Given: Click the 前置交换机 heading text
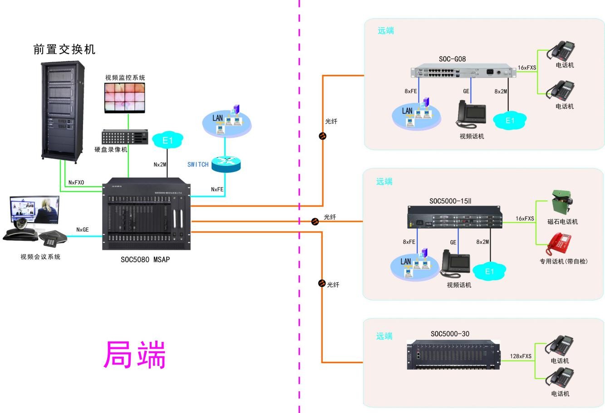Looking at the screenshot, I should (x=64, y=49).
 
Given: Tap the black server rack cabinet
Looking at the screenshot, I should (x=63, y=112).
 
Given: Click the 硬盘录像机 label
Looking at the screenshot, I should (x=111, y=150).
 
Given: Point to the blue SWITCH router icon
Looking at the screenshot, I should (x=226, y=164).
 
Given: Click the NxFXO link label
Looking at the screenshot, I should (x=76, y=182).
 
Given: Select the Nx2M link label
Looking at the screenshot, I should (x=160, y=164).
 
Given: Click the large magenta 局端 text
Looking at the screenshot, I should (x=135, y=355).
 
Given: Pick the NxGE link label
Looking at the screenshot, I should (x=83, y=230).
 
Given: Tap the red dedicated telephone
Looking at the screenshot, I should (x=560, y=245).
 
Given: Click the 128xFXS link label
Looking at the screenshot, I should (x=520, y=356).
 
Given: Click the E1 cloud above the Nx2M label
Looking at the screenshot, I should (x=168, y=141).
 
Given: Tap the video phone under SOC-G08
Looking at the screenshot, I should (x=471, y=114).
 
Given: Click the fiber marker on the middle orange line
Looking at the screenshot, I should (x=315, y=221).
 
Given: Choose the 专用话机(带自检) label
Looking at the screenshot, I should (x=563, y=261).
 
